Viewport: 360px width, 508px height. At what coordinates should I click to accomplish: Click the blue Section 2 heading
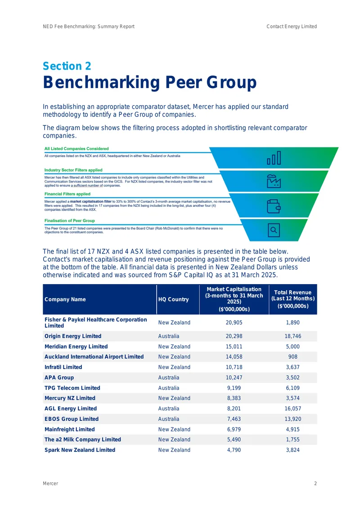click(67, 66)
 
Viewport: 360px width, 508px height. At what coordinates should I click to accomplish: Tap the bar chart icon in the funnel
click(274, 158)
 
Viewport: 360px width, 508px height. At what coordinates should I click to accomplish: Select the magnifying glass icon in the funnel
click(274, 230)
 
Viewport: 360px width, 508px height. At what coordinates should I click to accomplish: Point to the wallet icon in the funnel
click(274, 206)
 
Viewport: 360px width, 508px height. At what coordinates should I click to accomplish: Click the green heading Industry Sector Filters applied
click(73, 170)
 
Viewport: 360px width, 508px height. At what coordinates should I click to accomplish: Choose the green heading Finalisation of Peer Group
click(70, 221)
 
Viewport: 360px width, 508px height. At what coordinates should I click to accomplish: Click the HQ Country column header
click(174, 299)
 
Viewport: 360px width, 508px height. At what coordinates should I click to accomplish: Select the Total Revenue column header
click(293, 299)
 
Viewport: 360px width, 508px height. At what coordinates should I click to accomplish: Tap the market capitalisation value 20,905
click(234, 323)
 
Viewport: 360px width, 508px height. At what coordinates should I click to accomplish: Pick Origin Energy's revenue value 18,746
click(293, 336)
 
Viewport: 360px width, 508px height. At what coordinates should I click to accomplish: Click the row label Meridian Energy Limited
click(76, 347)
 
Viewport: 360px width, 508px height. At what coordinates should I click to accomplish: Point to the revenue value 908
click(293, 356)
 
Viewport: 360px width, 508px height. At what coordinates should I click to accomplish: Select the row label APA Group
click(59, 378)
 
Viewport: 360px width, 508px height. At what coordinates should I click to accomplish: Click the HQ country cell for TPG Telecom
click(169, 388)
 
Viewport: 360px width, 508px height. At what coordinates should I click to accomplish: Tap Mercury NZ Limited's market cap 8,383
click(234, 398)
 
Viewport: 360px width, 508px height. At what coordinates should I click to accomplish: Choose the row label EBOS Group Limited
click(72, 419)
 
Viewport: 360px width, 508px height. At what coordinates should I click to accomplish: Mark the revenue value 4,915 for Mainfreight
click(293, 429)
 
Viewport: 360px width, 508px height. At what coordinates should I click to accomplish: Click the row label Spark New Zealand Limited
click(80, 450)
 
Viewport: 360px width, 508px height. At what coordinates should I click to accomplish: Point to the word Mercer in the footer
click(50, 483)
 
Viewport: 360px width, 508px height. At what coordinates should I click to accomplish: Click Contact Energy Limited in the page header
click(292, 27)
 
